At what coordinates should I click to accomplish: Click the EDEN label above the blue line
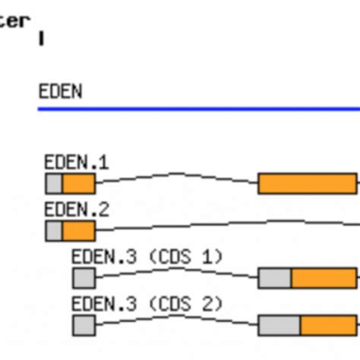tap(60, 92)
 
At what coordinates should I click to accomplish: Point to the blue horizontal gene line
tap(197, 109)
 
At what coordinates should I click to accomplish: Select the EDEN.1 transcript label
tap(76, 162)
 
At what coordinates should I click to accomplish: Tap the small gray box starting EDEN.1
tap(54, 183)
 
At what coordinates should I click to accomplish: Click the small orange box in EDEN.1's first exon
tap(78, 183)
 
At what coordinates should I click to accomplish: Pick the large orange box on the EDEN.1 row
tap(307, 183)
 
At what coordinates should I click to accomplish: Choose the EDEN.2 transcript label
tap(76, 210)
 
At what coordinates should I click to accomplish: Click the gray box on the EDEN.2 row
tap(54, 231)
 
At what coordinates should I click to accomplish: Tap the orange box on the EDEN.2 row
tap(78, 231)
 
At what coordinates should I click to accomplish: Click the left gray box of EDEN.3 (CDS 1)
tap(84, 278)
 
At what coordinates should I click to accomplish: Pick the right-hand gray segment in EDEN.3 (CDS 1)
tap(275, 278)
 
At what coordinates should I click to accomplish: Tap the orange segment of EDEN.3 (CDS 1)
tap(324, 278)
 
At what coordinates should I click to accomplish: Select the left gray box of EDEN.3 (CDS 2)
tap(84, 326)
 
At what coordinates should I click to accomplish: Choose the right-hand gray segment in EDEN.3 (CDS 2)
tap(279, 326)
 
